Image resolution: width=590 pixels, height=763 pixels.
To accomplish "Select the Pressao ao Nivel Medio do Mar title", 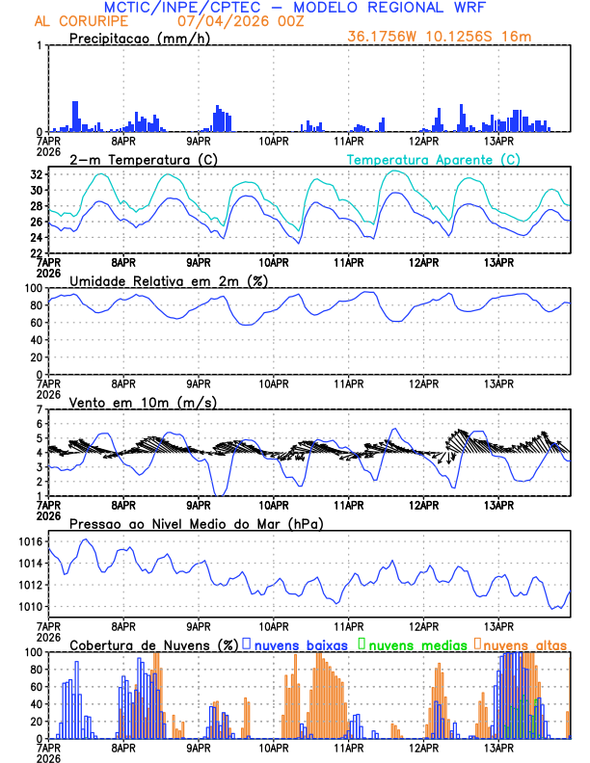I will click(196, 523).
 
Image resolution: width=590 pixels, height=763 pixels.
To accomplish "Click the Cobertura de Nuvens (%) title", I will click(152, 645).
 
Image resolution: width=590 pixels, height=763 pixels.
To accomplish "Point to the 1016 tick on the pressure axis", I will click(31, 542).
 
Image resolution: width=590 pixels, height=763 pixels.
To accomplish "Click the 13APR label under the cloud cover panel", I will click(498, 747).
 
